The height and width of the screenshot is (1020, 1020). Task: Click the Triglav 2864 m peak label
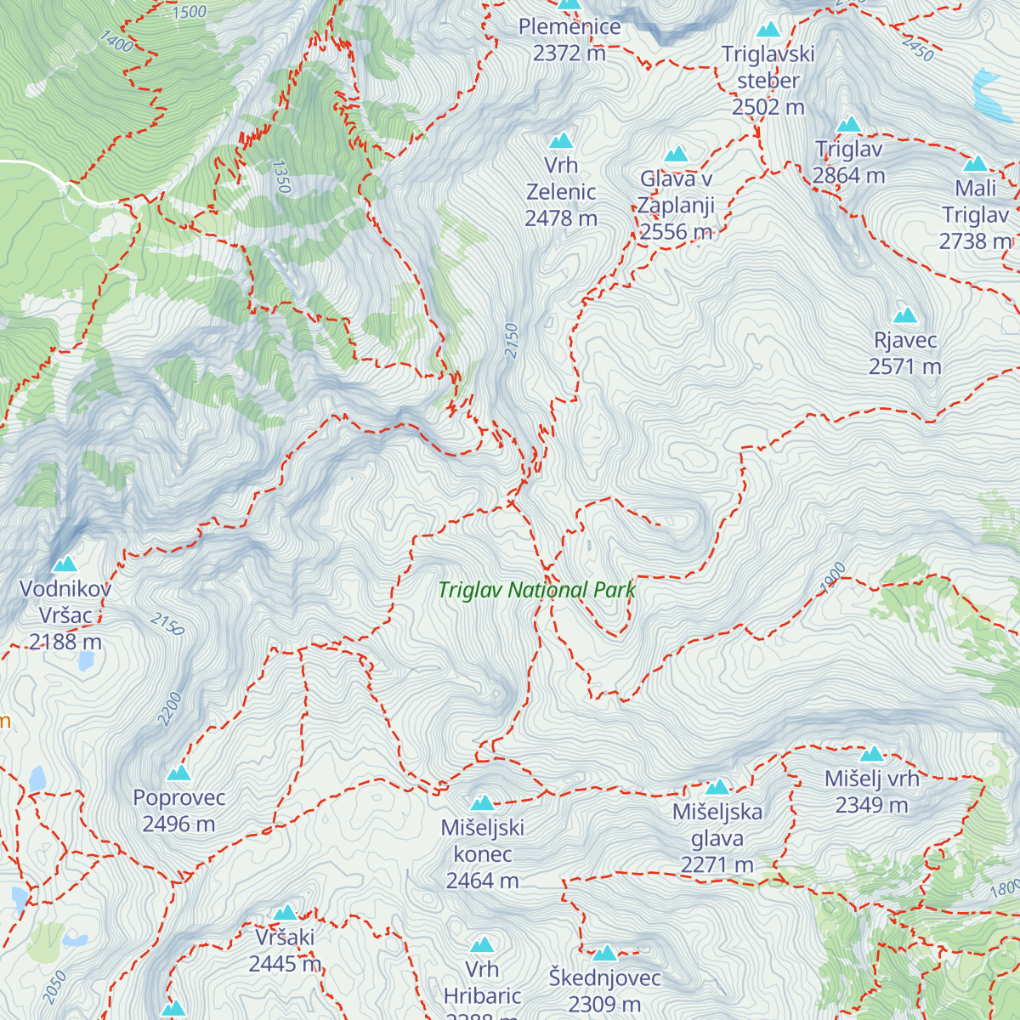[x=848, y=162]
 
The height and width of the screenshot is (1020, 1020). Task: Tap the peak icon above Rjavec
[x=905, y=315]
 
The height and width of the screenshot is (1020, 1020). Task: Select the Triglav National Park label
[x=536, y=590]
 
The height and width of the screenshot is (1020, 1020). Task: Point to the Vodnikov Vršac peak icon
[x=65, y=564]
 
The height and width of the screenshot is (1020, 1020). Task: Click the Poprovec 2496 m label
[x=178, y=811]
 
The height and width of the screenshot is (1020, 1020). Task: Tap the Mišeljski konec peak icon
[x=482, y=803]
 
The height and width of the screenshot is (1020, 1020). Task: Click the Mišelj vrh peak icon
[x=871, y=754]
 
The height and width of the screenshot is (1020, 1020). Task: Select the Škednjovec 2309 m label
[x=604, y=991]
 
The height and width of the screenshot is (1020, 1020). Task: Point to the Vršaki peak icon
[x=285, y=913]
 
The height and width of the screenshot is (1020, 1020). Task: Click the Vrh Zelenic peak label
[x=561, y=192]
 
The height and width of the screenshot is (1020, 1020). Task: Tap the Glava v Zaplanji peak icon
[x=676, y=154]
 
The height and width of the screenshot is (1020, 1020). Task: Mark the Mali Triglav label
[x=975, y=215]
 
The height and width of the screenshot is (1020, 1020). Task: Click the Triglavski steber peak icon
[x=768, y=30]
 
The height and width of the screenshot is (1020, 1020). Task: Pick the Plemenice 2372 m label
[x=569, y=39]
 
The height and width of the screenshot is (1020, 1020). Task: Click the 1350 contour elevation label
[x=282, y=177]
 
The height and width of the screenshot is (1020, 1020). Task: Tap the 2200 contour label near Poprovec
[x=171, y=709]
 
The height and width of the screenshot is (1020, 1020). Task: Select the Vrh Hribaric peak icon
[x=482, y=945]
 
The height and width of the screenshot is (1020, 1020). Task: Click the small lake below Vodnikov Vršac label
[x=85, y=661]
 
